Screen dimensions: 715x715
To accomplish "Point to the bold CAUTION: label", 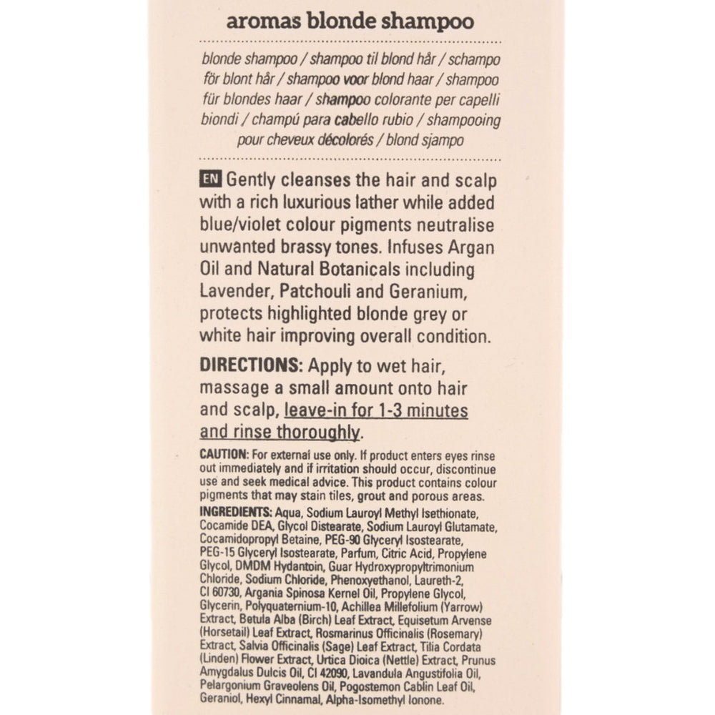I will pos(224,455).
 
